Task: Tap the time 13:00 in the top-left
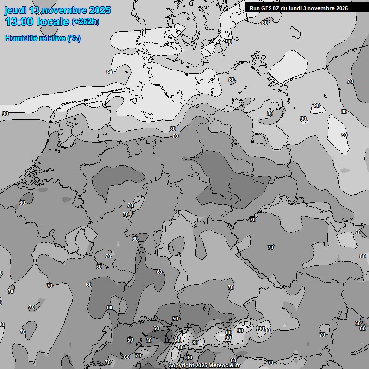[19, 22]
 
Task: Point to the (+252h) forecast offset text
[86, 21]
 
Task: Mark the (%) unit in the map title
[74, 38]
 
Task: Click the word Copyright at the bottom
[181, 365]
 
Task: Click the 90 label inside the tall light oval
[344, 135]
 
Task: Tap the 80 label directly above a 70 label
[173, 129]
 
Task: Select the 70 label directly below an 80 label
[175, 136]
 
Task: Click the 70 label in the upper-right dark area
[350, 81]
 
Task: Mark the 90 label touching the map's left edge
[5, 114]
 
